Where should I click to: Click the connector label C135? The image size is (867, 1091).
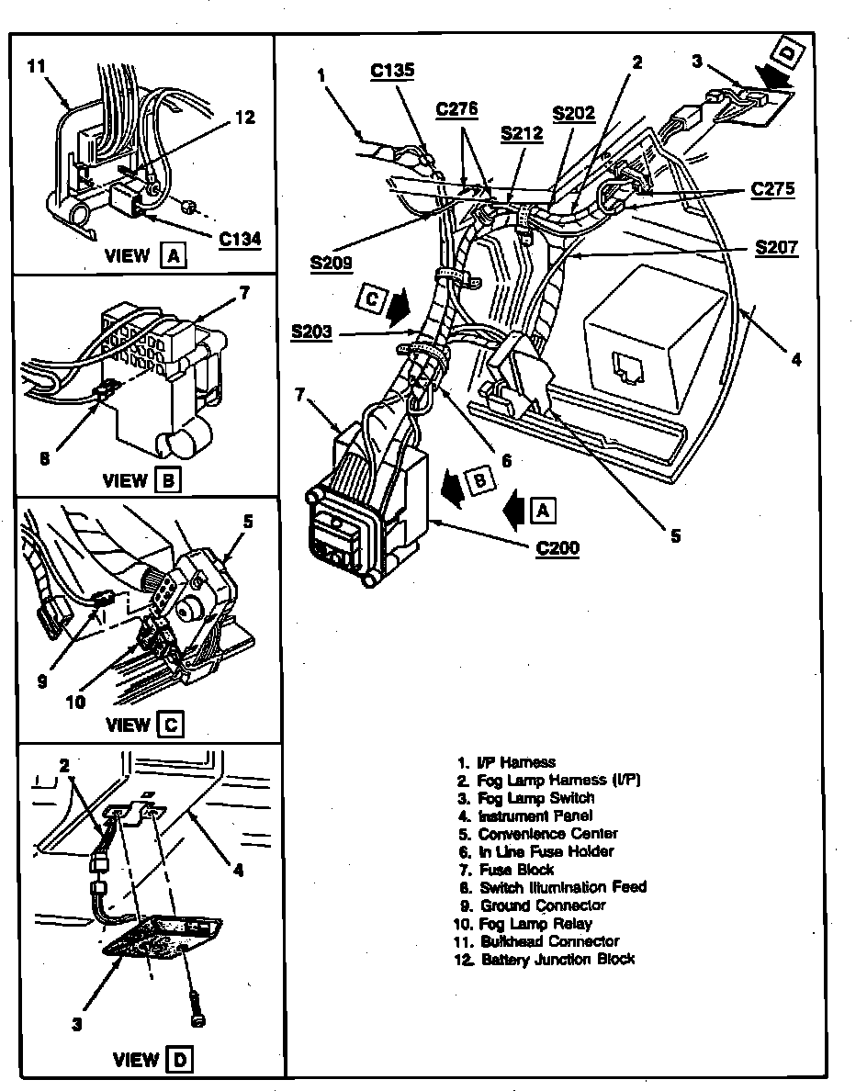(x=392, y=70)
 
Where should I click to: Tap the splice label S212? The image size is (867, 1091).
(x=522, y=132)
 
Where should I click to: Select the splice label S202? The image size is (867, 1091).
(x=573, y=115)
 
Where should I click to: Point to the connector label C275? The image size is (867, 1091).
(x=772, y=189)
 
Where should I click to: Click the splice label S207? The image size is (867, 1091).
(x=776, y=247)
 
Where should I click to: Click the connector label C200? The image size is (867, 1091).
(x=557, y=549)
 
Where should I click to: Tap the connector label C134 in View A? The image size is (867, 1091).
(x=240, y=240)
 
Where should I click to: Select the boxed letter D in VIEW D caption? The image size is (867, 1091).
(x=179, y=1060)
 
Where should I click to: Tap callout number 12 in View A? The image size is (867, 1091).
(x=244, y=118)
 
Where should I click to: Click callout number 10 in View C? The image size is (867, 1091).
(x=75, y=702)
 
